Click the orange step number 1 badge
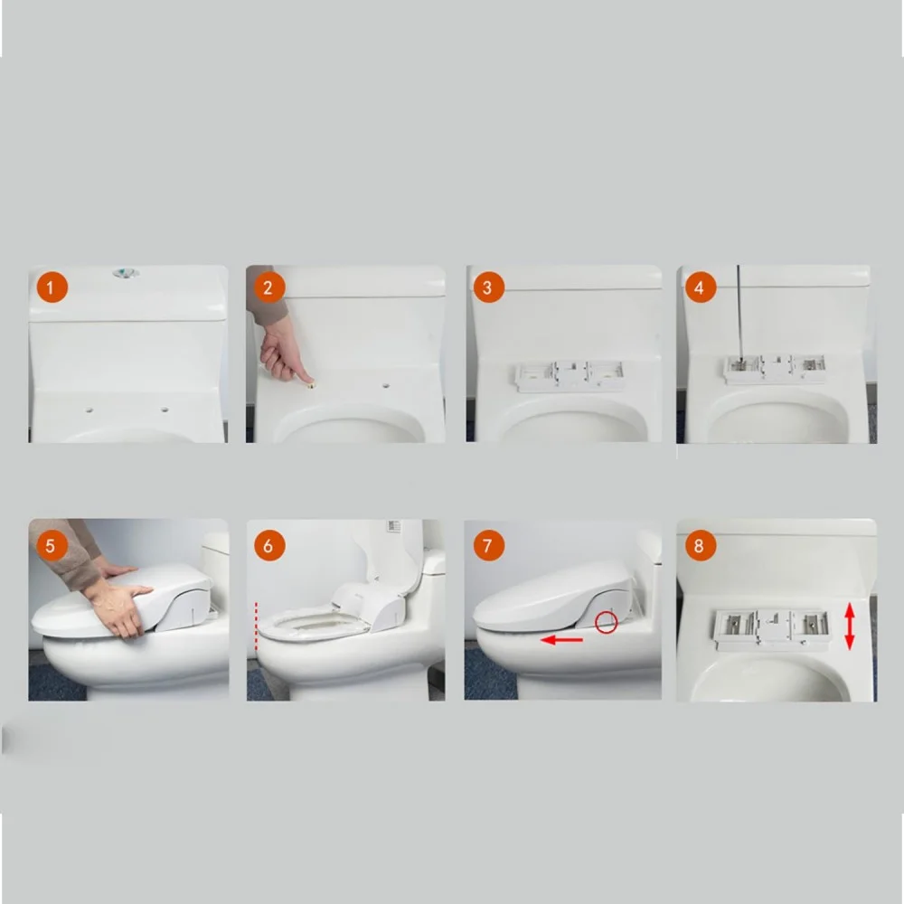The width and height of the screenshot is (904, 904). coord(52,287)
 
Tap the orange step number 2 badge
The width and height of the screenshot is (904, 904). coord(268,287)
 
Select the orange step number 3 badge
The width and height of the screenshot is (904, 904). coord(488,287)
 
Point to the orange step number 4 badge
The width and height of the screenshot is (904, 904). coord(700,287)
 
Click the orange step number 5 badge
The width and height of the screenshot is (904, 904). coord(52,545)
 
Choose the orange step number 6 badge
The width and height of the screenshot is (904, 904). coord(269,545)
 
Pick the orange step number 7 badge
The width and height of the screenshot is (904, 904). coord(488,545)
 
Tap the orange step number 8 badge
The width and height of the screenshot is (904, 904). coord(700,545)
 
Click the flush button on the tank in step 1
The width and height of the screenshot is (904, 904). coord(126,273)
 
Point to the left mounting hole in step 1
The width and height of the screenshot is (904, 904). coord(89,410)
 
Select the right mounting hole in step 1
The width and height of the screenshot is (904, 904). coord(165,410)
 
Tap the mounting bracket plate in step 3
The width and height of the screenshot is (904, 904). coord(570,376)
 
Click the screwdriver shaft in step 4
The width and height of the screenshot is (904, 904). coord(739,311)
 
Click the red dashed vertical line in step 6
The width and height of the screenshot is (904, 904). coord(256,626)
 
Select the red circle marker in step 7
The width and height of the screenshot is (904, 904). coord(606,622)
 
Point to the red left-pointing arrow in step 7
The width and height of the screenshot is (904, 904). coord(561,640)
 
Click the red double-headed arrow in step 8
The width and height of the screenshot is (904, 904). coord(849,626)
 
